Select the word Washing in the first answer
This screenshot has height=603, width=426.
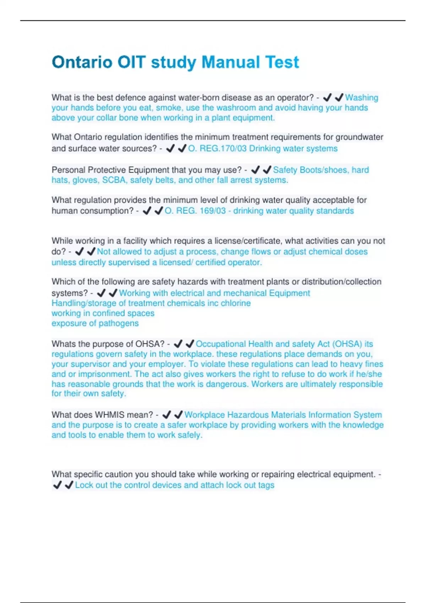coord(361,98)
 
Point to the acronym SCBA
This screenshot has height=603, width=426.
coord(114,180)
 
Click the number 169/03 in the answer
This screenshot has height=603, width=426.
coord(213,211)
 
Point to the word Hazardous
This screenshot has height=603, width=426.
coord(248,415)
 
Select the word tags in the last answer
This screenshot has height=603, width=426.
coord(266,485)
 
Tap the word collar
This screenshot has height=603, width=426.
coord(106,118)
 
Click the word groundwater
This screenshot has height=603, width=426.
coord(359,137)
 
